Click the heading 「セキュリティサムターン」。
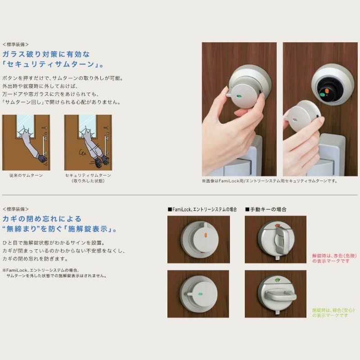53,65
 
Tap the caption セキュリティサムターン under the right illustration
88,175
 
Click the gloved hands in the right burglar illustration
101,159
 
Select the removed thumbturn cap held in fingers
302,116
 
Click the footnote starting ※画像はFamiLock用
269,181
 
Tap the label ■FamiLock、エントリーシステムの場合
202,209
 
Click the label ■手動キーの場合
265,209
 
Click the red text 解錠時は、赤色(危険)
330,255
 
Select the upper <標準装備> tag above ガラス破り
15,45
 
